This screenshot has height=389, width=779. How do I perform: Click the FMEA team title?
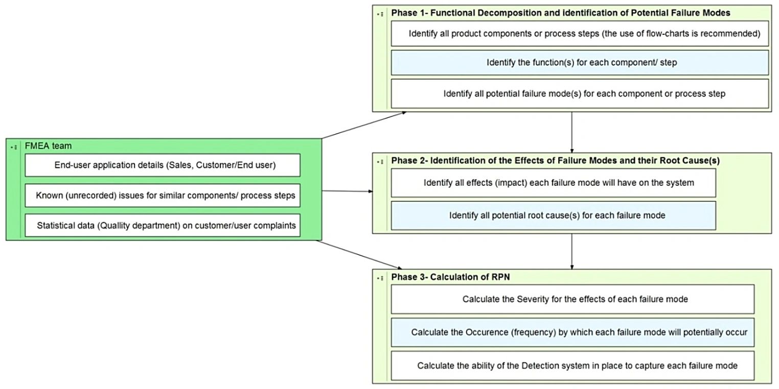point(48,146)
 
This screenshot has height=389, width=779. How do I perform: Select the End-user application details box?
point(163,165)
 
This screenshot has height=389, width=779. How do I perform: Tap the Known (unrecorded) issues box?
point(163,196)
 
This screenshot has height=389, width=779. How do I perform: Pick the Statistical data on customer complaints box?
point(163,225)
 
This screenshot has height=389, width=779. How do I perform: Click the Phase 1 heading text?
point(560,13)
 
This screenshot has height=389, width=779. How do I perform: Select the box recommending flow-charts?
point(580,34)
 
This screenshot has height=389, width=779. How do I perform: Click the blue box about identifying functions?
point(580,63)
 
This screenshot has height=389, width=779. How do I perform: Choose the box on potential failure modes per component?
point(580,94)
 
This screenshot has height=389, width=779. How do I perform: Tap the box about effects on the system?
point(553,183)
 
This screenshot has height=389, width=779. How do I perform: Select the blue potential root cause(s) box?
point(553,215)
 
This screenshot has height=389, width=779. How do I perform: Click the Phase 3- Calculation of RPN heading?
point(450,277)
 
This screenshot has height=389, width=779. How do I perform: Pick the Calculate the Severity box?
point(572,299)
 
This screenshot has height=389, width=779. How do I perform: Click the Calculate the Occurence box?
point(572,332)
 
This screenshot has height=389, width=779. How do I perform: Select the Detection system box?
point(572,365)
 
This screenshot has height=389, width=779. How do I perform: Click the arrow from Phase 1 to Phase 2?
point(571,132)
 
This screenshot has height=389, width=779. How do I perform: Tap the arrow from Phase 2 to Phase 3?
point(571,251)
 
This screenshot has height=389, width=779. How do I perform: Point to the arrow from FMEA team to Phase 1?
point(364,125)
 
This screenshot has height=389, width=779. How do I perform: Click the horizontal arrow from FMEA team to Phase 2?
point(348,191)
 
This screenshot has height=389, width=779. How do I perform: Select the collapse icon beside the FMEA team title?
point(14,147)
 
